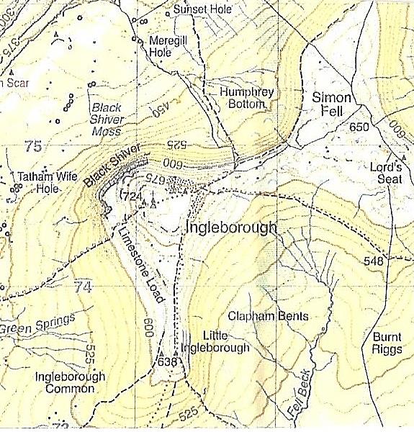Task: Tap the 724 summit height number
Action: click(133, 197)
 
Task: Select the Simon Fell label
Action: click(331, 105)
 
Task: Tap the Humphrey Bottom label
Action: click(233, 98)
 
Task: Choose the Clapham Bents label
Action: click(267, 316)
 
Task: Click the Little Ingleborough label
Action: click(225, 342)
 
